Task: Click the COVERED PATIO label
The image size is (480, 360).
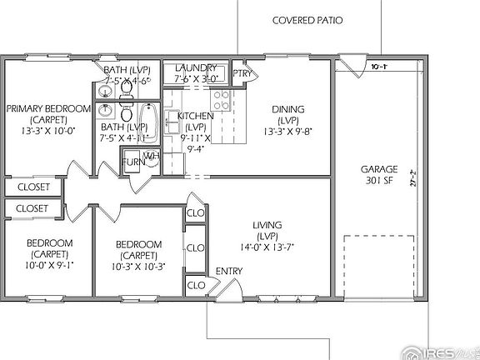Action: pos(307,20)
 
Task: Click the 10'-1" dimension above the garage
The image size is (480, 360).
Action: pos(380,66)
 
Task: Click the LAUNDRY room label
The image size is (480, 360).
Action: pos(196,67)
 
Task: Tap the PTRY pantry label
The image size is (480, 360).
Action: pos(242,73)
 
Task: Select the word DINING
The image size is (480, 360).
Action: pos(287,109)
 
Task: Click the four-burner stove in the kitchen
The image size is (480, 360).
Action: pos(221,101)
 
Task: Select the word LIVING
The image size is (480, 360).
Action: pos(267,225)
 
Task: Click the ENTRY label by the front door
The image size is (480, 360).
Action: pos(229,272)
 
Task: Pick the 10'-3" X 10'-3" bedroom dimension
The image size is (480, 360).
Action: pos(139,267)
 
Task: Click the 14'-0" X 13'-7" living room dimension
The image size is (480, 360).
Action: pos(267,247)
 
